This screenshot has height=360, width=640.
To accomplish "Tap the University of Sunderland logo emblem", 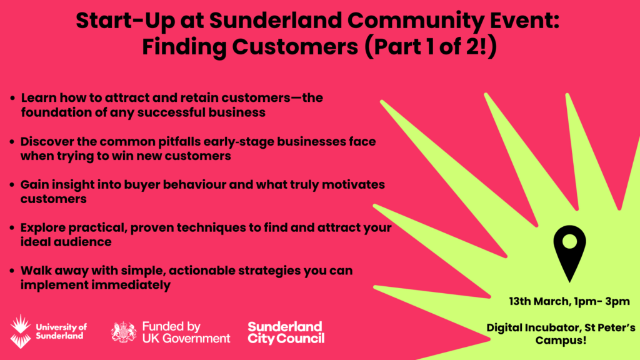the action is [x=21, y=331].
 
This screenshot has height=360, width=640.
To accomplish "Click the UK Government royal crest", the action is [x=124, y=332].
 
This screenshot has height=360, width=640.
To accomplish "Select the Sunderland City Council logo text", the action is [x=286, y=332].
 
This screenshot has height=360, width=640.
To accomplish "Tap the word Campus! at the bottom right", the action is [x=561, y=340].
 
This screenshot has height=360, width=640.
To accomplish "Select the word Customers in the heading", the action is [x=295, y=47].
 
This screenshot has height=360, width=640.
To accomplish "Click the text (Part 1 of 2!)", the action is [x=431, y=47].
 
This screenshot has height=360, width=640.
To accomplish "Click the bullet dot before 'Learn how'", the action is [x=12, y=98].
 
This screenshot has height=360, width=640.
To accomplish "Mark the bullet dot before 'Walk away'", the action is [x=12, y=271].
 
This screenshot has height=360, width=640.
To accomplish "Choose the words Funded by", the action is [x=171, y=327].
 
